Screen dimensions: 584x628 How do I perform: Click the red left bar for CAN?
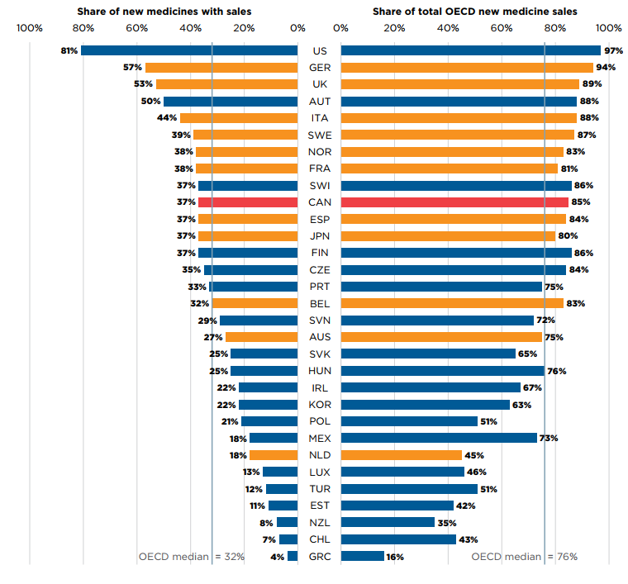pos(248,202)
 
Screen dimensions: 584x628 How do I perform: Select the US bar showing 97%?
pos(470,50)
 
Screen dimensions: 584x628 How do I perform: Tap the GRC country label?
pos(320,557)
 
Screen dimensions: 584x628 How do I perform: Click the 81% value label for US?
pos(69,50)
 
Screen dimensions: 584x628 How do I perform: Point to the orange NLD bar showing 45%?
pos(401,455)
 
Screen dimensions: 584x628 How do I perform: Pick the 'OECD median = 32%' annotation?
pos(191,557)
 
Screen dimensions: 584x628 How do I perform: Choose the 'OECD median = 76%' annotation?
pos(524,557)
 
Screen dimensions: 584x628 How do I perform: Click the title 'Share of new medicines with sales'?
pos(164,12)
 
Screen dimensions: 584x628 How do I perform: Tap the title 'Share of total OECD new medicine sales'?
pos(474,12)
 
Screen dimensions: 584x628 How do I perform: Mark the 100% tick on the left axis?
pos(30,28)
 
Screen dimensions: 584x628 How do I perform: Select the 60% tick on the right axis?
pos(502,28)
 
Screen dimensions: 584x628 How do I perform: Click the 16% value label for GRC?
pos(395,557)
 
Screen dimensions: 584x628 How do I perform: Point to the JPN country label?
pos(320,236)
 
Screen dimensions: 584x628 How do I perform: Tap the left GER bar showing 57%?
pos(221,68)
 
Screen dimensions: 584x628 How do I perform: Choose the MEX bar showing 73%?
pos(439,438)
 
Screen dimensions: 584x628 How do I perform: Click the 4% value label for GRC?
pos(278,557)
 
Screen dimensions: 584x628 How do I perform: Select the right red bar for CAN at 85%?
pos(454,202)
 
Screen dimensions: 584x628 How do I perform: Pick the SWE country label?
pos(320,135)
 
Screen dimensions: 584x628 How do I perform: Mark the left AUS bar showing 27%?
pos(261,337)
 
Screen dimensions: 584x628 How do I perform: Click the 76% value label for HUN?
pos(556,371)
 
